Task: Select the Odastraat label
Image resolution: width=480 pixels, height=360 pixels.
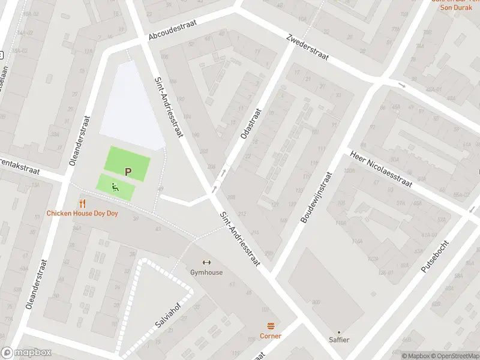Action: click(251, 124)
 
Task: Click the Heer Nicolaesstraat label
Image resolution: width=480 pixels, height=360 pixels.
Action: click(382, 169)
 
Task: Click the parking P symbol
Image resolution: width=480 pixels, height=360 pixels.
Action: click(127, 172)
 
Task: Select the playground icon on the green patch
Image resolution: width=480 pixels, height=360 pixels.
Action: click(114, 187)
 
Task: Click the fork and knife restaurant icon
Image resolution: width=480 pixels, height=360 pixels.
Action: click(83, 204)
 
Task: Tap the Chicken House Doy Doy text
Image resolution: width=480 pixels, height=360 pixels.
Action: click(83, 214)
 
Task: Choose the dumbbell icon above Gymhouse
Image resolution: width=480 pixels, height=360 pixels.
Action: click(206, 262)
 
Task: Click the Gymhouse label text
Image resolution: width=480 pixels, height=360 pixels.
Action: click(206, 272)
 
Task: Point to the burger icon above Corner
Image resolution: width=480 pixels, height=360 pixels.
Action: click(271, 326)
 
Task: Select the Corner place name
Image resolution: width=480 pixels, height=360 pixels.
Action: click(271, 336)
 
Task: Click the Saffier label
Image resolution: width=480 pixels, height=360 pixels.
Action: click(338, 340)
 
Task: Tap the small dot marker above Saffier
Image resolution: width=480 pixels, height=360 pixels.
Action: click(338, 331)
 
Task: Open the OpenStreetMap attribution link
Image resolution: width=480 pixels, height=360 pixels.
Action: click(454, 356)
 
